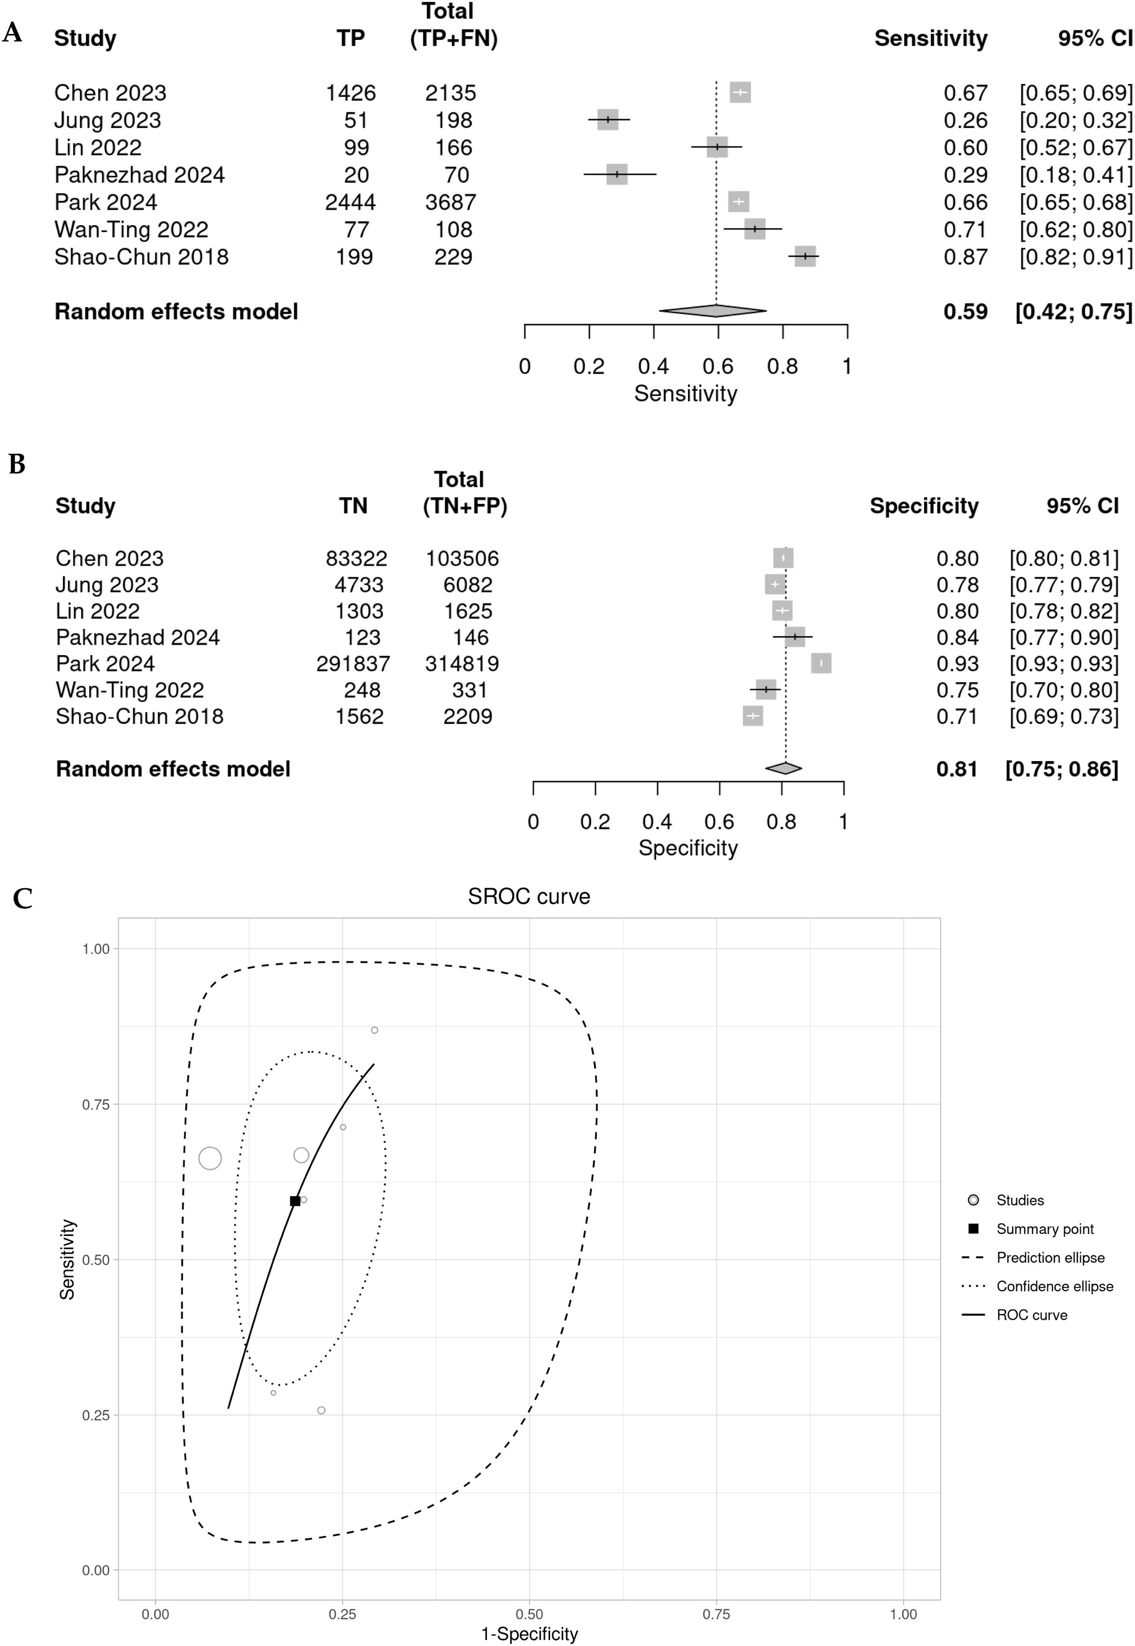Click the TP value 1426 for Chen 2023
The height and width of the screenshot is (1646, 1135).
(x=351, y=93)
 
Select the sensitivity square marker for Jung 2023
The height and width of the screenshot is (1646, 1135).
(x=608, y=120)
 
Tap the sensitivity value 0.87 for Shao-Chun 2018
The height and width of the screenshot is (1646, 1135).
(x=965, y=257)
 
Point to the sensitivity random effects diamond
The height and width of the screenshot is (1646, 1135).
(x=712, y=311)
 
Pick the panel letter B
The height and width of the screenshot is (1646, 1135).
(x=16, y=465)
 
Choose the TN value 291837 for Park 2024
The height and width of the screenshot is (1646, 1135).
(x=353, y=663)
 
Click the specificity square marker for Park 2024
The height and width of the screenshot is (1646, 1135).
(x=821, y=663)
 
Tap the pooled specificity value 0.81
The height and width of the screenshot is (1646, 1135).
(x=956, y=769)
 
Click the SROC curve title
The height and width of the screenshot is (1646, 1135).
(x=529, y=896)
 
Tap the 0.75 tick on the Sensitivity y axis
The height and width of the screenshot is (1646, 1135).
(x=96, y=1105)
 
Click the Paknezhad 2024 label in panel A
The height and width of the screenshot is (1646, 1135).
(x=139, y=175)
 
